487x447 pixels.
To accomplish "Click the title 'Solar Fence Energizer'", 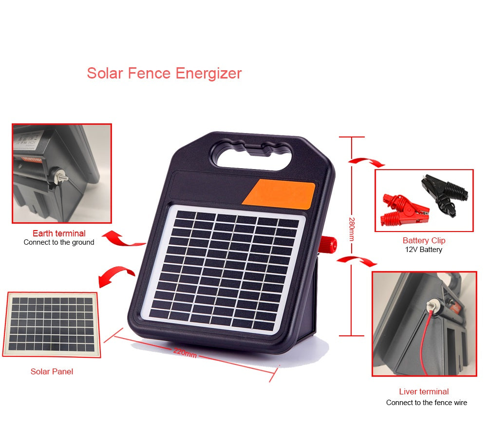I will [164, 73].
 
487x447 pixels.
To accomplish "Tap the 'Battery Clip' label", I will [424, 240].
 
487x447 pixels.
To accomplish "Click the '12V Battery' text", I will [424, 250].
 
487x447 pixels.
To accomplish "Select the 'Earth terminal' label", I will [59, 233].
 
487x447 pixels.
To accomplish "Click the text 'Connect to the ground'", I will [59, 242].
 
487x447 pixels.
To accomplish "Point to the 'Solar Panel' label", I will [52, 371].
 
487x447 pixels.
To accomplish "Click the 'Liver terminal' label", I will [424, 391].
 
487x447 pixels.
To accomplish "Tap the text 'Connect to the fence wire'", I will [426, 403].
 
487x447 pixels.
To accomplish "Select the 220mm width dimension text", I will [185, 352].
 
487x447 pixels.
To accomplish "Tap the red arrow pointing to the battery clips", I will [367, 161].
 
